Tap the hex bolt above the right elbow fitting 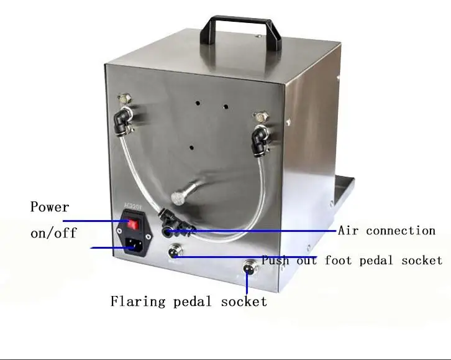click(260, 115)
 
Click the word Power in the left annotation click(50, 206)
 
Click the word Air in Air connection click(348, 230)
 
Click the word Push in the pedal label click(275, 260)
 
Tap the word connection click(401, 230)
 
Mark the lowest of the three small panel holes click(191, 148)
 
